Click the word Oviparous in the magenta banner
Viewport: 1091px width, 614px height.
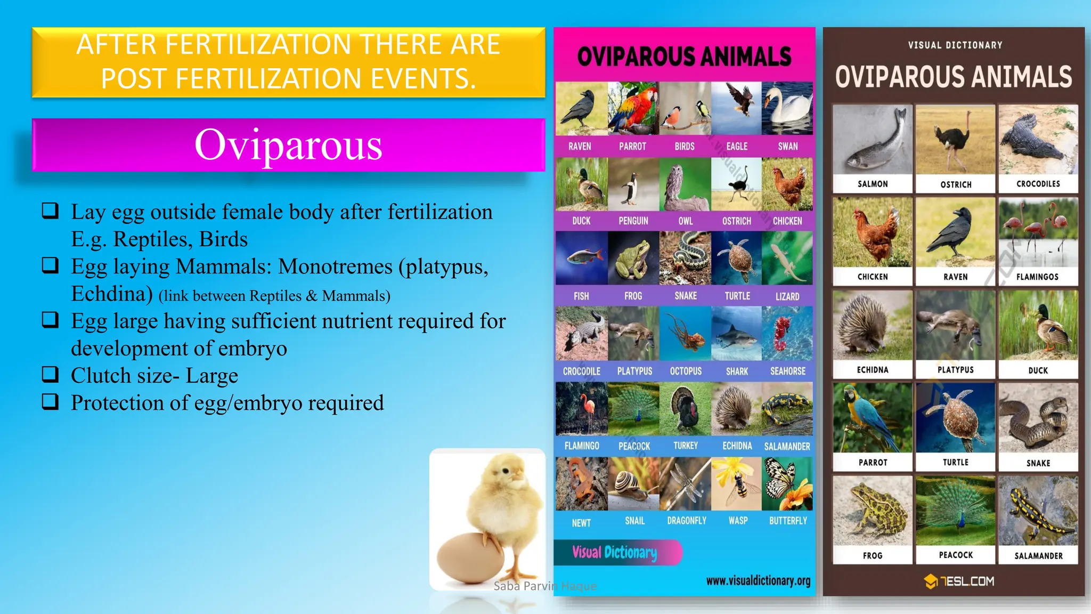tap(288, 145)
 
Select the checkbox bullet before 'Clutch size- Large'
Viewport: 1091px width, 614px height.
tap(50, 375)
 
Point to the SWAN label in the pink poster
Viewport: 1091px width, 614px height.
tap(787, 147)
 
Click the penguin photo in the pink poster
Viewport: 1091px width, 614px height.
tap(633, 184)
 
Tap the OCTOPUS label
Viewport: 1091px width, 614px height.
tap(686, 371)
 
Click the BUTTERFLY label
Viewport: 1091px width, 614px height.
tap(788, 521)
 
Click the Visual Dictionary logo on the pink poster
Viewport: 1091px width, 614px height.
tap(616, 552)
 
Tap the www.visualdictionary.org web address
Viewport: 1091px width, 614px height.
tap(758, 580)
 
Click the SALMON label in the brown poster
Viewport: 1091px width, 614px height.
tap(872, 184)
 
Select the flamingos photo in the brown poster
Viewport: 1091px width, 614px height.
tap(1038, 233)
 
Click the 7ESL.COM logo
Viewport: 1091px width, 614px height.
tap(959, 581)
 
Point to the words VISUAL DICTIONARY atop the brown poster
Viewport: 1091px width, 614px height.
tap(955, 45)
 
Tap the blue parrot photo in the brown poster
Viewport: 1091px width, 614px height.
tap(872, 418)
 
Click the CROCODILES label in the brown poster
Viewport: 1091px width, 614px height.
tap(1038, 184)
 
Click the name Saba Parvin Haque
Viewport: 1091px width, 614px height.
tap(544, 586)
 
